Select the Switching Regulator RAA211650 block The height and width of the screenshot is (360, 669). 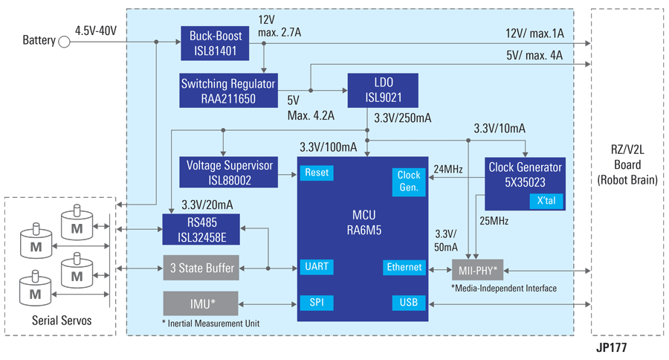click(x=229, y=91)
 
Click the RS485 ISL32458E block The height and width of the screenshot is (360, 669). click(x=201, y=228)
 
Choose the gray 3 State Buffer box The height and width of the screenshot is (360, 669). click(x=201, y=268)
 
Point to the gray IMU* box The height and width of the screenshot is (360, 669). click(x=201, y=303)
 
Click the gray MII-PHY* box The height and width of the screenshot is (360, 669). click(x=478, y=267)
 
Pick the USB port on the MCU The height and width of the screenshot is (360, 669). click(x=408, y=303)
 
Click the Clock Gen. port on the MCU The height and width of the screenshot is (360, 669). click(x=408, y=181)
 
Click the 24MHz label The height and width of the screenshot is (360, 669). click(x=449, y=169)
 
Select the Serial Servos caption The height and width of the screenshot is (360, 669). click(x=62, y=321)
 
